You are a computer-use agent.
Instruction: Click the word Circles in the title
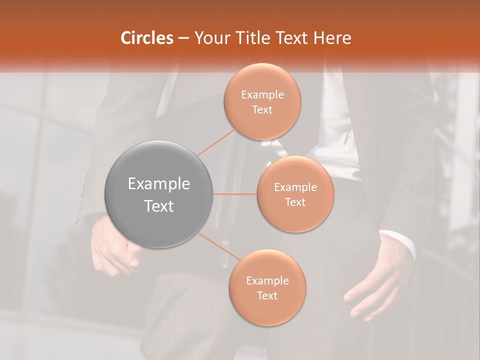point(147,38)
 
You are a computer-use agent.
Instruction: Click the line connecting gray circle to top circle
point(216,142)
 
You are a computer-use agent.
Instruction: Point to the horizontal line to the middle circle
point(235,194)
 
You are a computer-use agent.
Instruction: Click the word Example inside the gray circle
point(159,184)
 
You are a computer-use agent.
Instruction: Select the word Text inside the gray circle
point(159,206)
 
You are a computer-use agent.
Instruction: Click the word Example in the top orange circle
point(262,95)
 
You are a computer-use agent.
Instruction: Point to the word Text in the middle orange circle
point(295,202)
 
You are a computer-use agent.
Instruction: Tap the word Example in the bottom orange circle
point(267,281)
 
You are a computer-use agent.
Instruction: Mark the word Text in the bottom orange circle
point(267,296)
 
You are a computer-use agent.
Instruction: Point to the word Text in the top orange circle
point(262,110)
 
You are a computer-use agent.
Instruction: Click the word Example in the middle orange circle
point(295,187)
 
